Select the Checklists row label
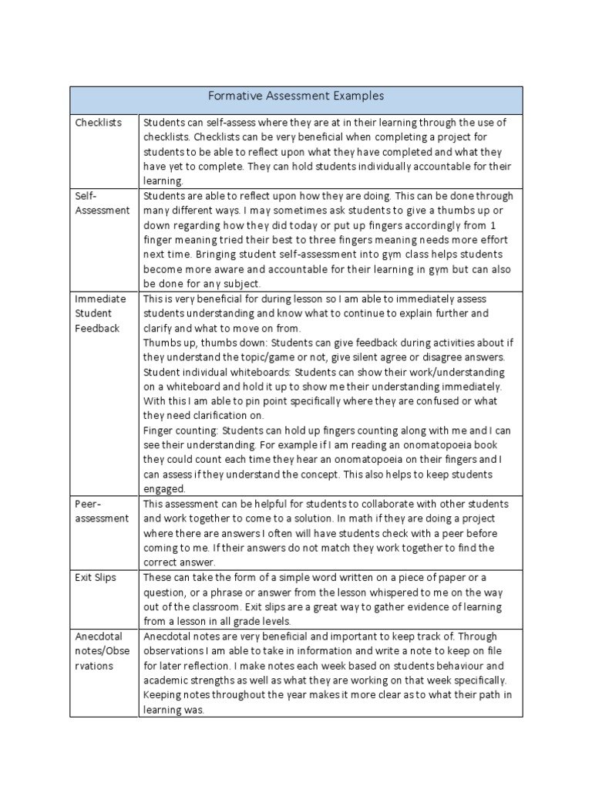98,123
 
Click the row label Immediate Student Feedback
98,313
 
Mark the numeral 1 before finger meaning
493,225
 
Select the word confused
456,401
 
